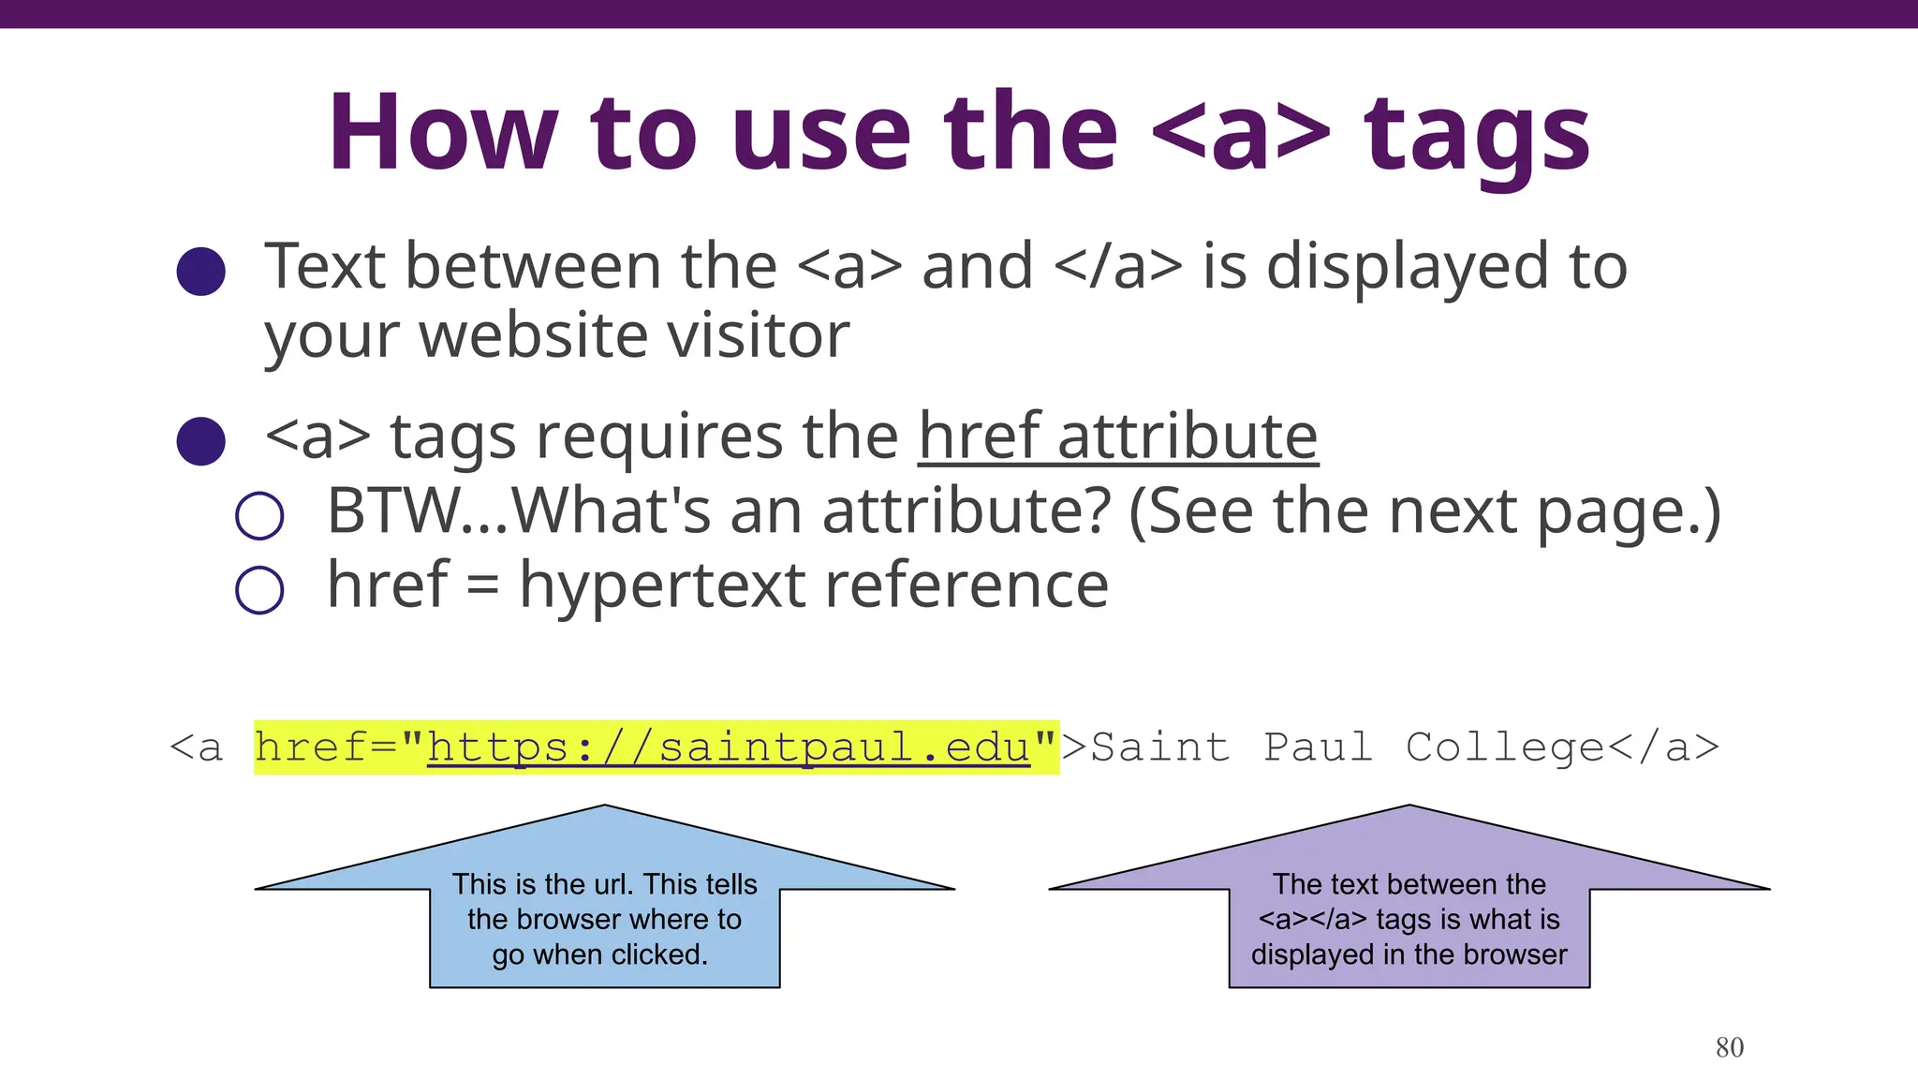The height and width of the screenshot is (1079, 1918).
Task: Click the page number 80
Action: (1729, 1047)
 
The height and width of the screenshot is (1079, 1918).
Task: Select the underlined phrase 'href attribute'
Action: (1117, 436)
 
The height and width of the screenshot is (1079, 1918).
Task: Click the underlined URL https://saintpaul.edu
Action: (729, 747)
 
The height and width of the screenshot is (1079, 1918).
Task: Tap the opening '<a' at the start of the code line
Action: (197, 747)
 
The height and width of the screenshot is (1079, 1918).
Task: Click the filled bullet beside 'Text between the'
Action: (201, 272)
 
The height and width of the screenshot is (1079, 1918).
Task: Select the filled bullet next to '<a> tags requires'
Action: (201, 441)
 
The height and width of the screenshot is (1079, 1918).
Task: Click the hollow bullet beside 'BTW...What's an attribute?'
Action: (259, 516)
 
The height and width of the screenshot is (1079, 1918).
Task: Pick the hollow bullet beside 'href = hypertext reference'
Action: (259, 590)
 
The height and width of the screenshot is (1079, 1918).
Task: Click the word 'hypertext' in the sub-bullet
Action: (662, 586)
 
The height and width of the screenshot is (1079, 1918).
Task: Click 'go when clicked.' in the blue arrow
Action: (600, 954)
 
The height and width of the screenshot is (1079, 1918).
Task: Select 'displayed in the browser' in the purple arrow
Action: (1409, 954)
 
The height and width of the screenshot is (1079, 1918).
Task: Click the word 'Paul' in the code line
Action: (1318, 747)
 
